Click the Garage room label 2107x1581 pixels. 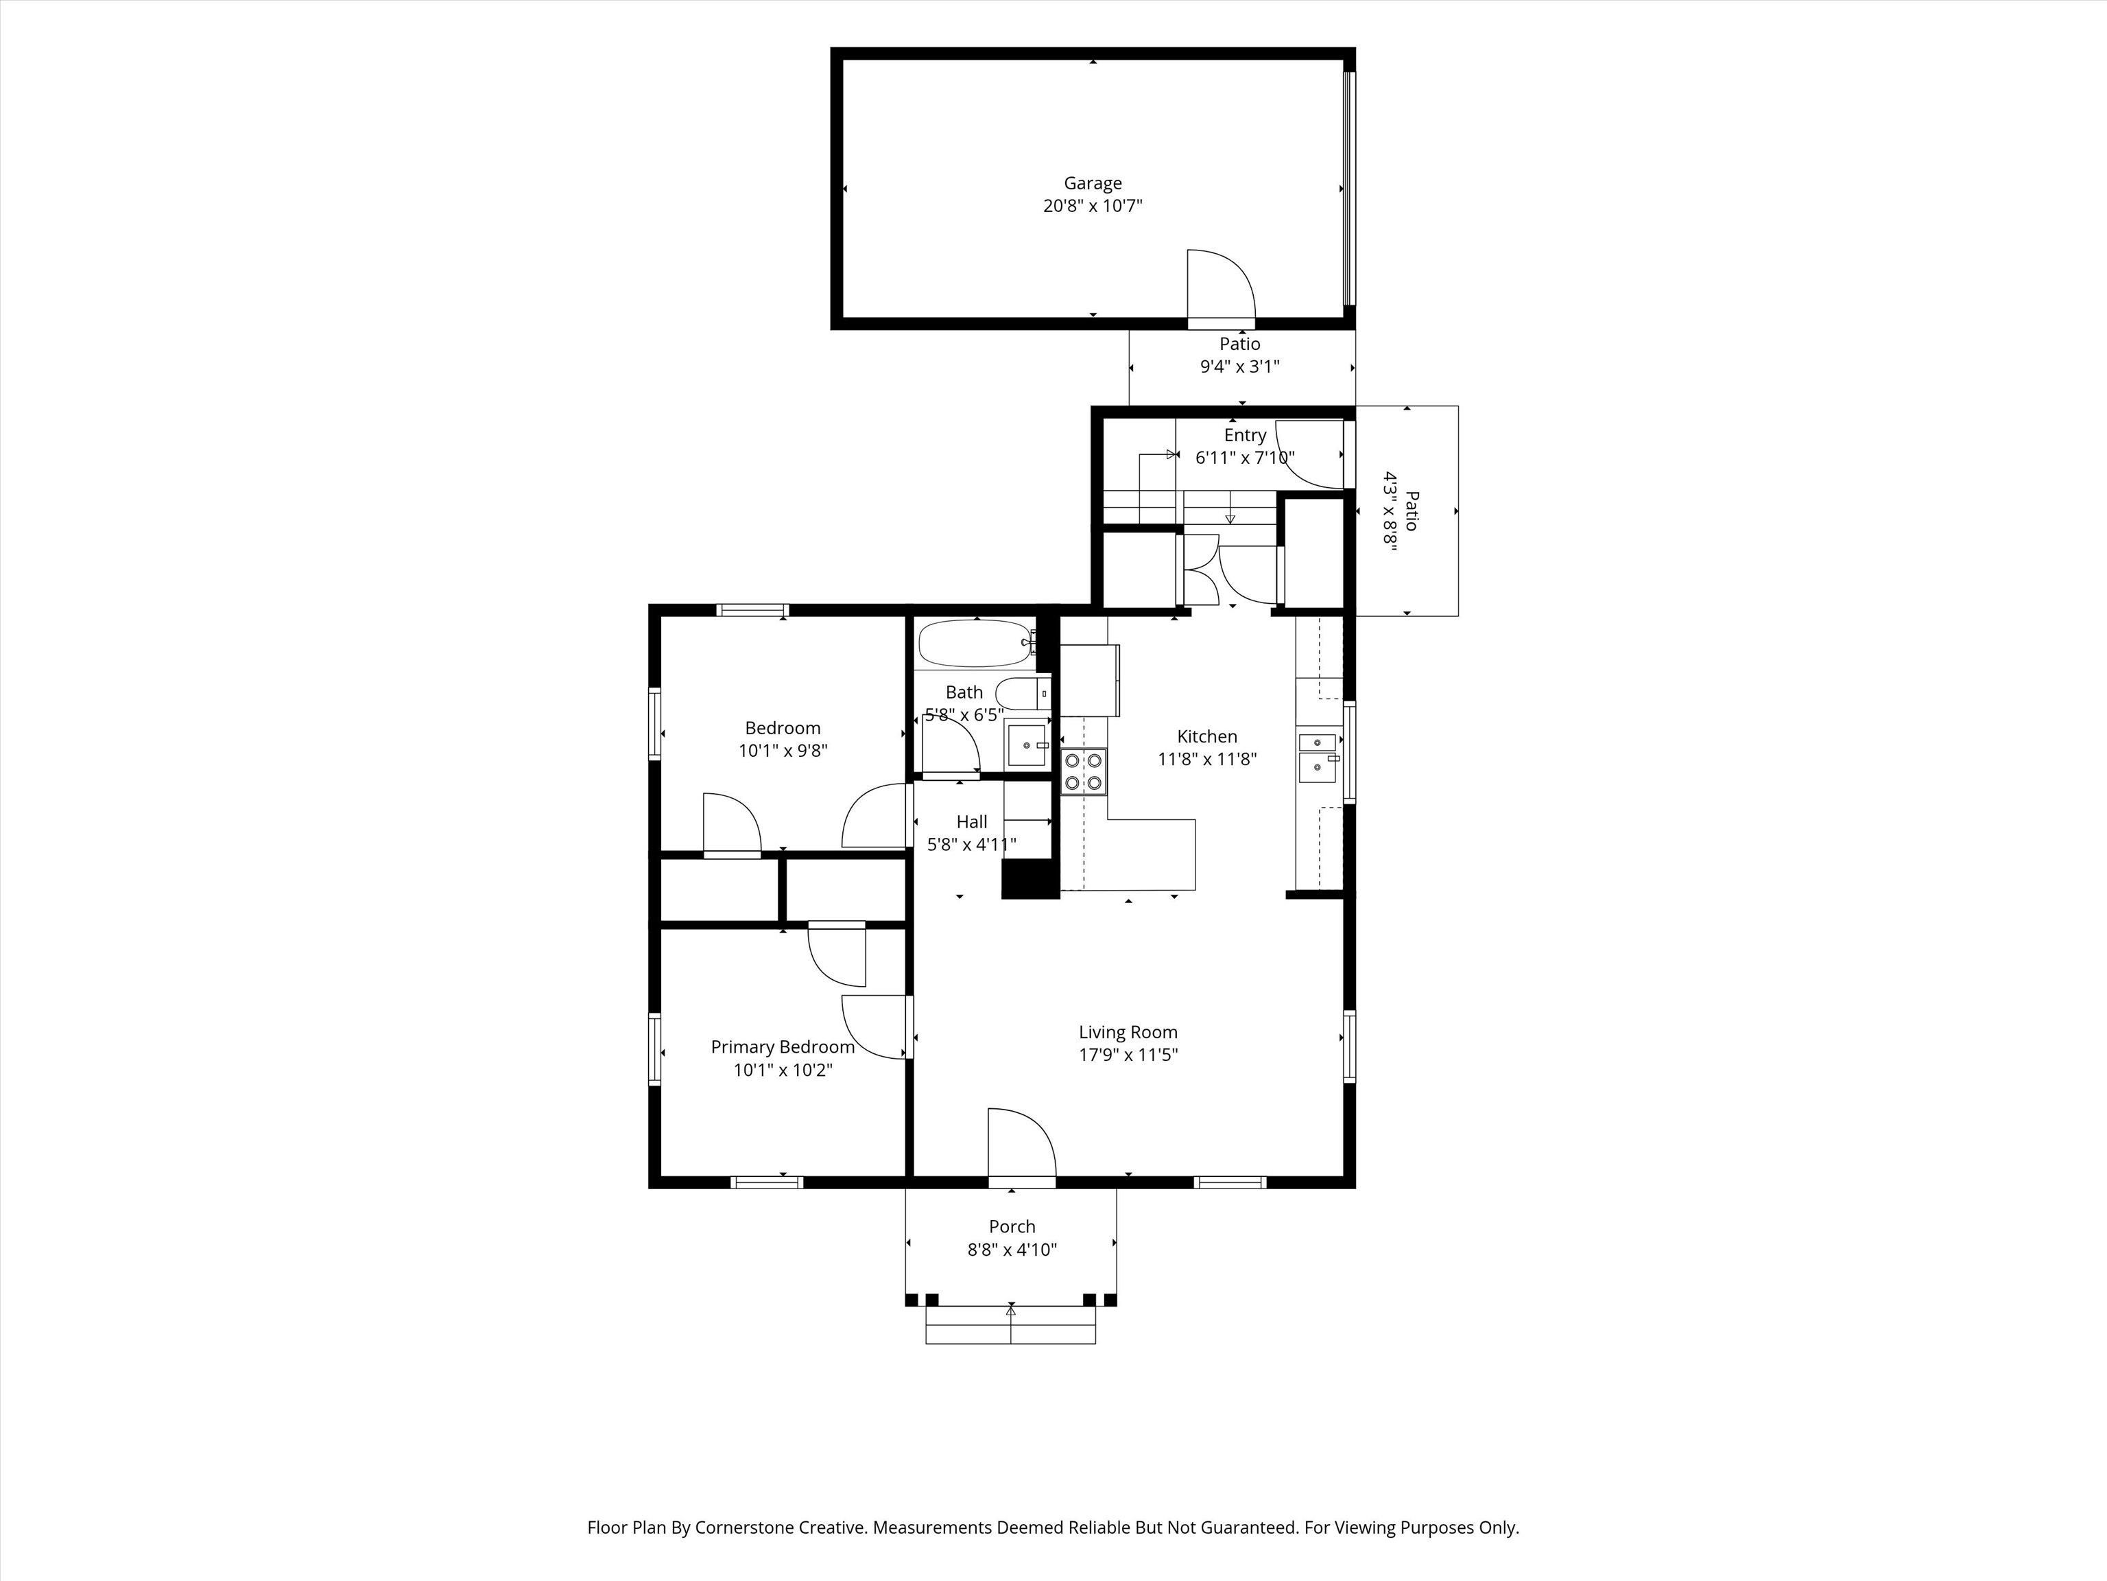1093,183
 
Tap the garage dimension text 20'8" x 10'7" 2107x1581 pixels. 1093,206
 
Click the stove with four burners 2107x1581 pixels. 1084,771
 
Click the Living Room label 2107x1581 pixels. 1128,1032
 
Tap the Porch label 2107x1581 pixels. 1012,1226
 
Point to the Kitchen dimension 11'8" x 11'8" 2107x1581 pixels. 1207,760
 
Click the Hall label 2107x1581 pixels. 972,821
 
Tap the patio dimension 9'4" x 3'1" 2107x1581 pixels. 1239,367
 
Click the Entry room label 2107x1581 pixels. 1245,436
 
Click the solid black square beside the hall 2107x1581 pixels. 1029,878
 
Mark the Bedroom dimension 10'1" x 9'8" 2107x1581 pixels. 783,751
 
